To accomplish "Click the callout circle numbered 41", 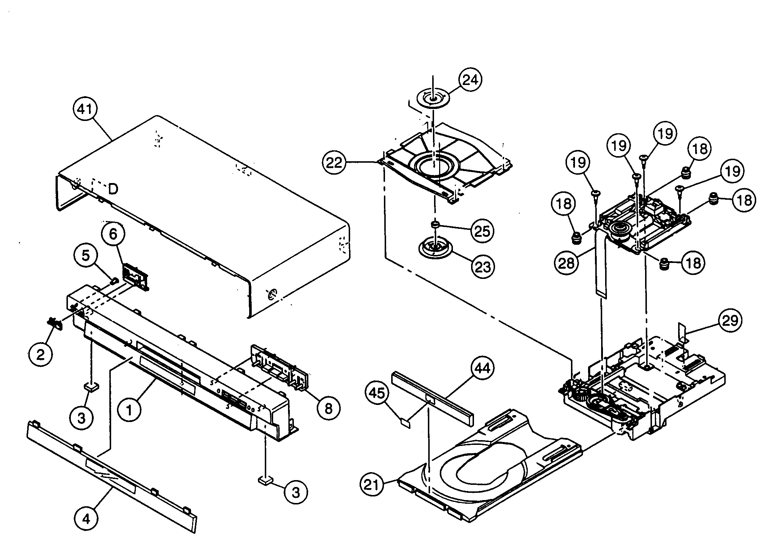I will click(85, 109).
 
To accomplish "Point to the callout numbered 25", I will click(483, 231).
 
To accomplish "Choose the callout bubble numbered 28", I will click(566, 263).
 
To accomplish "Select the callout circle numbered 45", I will click(377, 393).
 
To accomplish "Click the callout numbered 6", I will click(113, 235).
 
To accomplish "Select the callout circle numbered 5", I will click(85, 256).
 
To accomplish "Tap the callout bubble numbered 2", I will click(40, 354).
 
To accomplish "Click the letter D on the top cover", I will click(113, 189).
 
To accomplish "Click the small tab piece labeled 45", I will click(404, 422).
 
